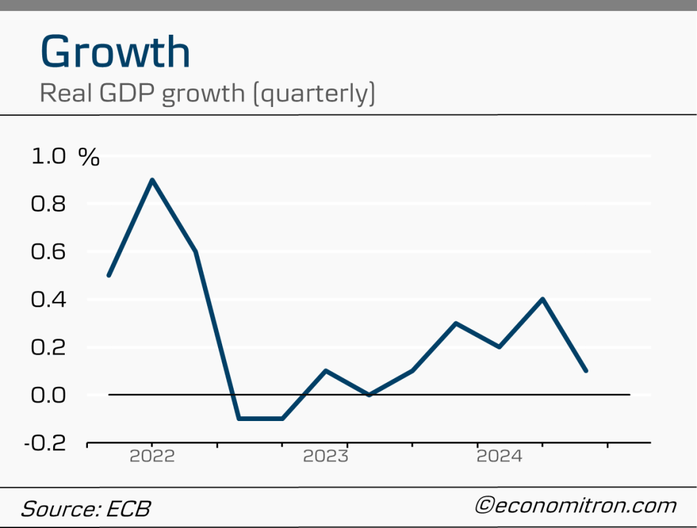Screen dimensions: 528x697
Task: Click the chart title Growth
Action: (x=114, y=52)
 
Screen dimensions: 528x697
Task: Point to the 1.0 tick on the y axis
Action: (x=48, y=157)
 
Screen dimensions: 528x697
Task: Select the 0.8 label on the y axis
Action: (x=48, y=204)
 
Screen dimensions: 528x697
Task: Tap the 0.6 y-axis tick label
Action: (x=48, y=251)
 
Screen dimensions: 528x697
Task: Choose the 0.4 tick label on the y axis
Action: (x=48, y=299)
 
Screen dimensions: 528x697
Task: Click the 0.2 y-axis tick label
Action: (x=48, y=347)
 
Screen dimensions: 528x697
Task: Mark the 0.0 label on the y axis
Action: (x=48, y=394)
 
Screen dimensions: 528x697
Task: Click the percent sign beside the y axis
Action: (x=89, y=157)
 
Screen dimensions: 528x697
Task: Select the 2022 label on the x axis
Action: (x=152, y=456)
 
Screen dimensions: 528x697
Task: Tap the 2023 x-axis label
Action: (x=326, y=456)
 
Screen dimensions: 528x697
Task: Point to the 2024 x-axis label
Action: (x=499, y=456)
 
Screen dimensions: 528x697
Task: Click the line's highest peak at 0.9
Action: (x=152, y=180)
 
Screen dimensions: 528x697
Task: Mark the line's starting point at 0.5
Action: (x=109, y=275)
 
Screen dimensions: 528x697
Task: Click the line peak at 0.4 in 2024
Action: (x=542, y=299)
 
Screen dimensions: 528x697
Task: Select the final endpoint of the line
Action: (x=586, y=371)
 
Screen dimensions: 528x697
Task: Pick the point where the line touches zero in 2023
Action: (x=369, y=394)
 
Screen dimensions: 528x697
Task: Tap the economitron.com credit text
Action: (x=576, y=506)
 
